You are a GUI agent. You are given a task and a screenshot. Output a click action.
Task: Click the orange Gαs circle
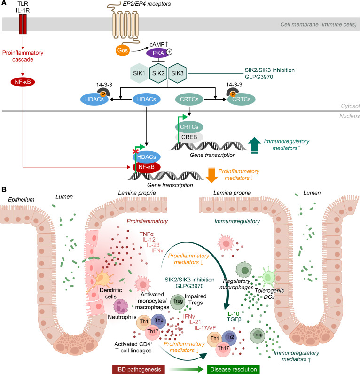123,50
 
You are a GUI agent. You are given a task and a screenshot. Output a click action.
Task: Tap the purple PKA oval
158,53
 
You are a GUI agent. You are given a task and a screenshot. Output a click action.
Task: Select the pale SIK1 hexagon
139,73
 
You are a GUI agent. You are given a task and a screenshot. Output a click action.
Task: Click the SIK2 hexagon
158,73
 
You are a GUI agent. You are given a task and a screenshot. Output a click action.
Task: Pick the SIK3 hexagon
177,73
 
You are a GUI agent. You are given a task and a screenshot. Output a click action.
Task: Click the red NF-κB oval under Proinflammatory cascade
23,82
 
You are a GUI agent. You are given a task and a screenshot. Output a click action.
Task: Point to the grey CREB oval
189,137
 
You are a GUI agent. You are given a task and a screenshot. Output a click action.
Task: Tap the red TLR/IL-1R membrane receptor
23,24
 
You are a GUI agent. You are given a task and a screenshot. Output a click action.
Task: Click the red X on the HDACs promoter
135,151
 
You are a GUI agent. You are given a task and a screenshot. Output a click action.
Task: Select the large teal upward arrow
255,145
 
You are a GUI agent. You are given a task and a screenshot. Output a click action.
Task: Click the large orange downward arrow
211,175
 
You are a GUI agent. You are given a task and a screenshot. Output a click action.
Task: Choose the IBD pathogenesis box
139,369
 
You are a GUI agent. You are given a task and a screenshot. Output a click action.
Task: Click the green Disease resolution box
234,369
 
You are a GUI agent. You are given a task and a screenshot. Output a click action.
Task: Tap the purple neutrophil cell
121,307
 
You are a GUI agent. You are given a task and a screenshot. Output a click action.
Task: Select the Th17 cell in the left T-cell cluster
153,332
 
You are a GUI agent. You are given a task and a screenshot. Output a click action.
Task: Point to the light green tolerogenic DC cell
268,277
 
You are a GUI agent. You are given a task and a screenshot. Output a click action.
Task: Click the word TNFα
147,234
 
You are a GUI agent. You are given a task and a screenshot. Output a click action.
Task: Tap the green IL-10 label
233,314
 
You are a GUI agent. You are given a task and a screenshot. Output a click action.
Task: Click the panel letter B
4,189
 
